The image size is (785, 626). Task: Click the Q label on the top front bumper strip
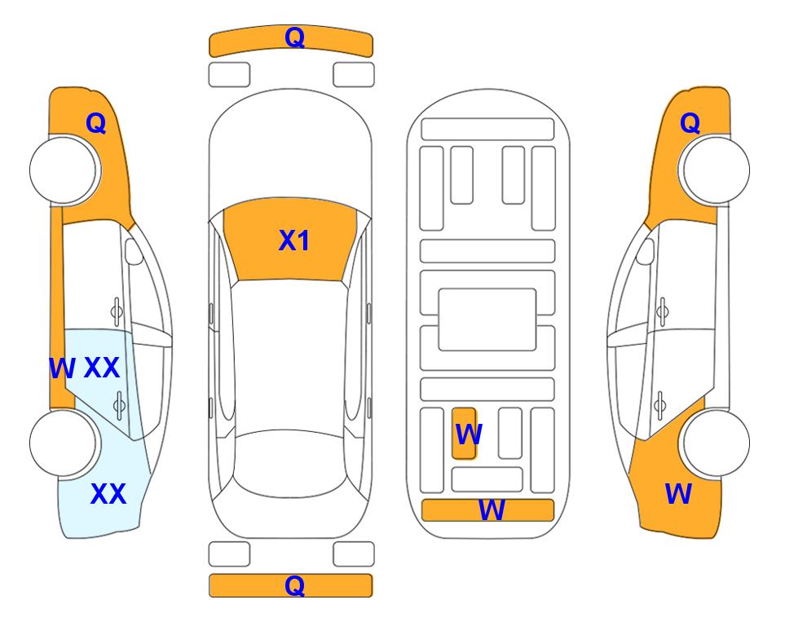(x=294, y=37)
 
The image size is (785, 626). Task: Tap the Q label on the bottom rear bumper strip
(x=294, y=585)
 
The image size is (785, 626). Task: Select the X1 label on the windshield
(x=294, y=240)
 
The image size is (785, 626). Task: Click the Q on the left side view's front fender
(x=96, y=123)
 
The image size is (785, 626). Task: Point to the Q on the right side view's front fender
(x=690, y=123)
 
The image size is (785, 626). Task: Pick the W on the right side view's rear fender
(x=678, y=494)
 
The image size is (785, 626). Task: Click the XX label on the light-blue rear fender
(x=108, y=494)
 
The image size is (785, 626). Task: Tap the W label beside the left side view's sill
(x=62, y=368)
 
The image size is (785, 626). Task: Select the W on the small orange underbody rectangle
(x=469, y=434)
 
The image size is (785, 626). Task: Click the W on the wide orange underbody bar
(x=492, y=510)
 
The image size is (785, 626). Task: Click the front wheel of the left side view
(x=64, y=170)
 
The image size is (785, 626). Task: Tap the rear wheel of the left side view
(x=64, y=443)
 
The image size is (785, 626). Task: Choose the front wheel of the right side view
(x=716, y=170)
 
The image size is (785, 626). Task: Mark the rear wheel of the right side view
(x=716, y=443)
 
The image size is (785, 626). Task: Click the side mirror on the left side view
(x=134, y=251)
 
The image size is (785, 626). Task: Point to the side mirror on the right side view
(x=646, y=251)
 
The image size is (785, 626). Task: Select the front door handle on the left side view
(x=117, y=311)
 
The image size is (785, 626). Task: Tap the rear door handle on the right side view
(x=660, y=405)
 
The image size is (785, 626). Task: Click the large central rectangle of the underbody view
(x=487, y=320)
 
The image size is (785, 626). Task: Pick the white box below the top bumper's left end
(x=229, y=75)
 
